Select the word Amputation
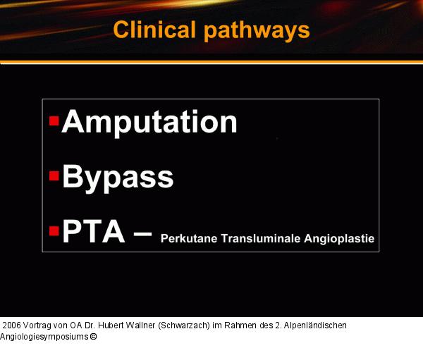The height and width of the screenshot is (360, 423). pyautogui.click(x=149, y=122)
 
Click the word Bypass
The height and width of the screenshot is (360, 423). pyautogui.click(x=118, y=176)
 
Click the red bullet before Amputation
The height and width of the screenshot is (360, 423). pyautogui.click(x=54, y=121)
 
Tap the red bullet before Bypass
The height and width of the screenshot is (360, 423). pyautogui.click(x=54, y=175)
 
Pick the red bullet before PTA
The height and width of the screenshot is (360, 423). pyautogui.click(x=54, y=230)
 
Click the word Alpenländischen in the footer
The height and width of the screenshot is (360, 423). pyautogui.click(x=314, y=325)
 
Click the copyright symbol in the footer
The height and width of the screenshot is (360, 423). pyautogui.click(x=93, y=337)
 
